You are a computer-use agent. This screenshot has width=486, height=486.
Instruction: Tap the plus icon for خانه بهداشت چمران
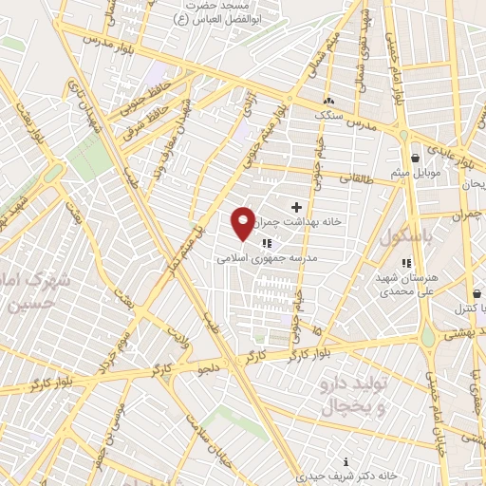(x=296, y=206)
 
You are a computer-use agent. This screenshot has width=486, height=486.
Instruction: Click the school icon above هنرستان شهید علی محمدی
(x=406, y=263)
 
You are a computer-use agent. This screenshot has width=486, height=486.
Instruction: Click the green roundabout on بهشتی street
(x=429, y=336)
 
